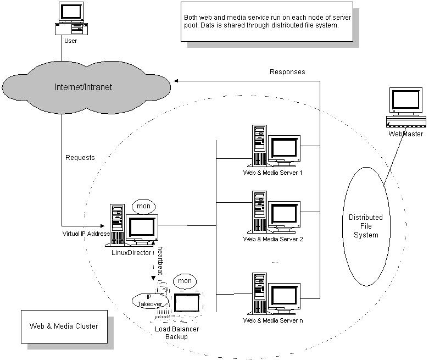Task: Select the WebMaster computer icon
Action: [x=406, y=107]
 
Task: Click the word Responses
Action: [x=287, y=72]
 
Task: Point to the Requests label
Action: [x=80, y=158]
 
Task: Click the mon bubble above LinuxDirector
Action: [x=143, y=206]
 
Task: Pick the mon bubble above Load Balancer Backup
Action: [x=185, y=281]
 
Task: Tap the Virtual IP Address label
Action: [x=86, y=234]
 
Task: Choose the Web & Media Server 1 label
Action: [x=273, y=173]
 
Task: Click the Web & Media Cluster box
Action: [x=64, y=326]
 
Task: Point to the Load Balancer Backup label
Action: [x=177, y=333]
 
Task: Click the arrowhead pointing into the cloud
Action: [x=176, y=81]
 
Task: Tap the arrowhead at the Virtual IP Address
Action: [x=102, y=226]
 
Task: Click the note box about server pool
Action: [x=267, y=21]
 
